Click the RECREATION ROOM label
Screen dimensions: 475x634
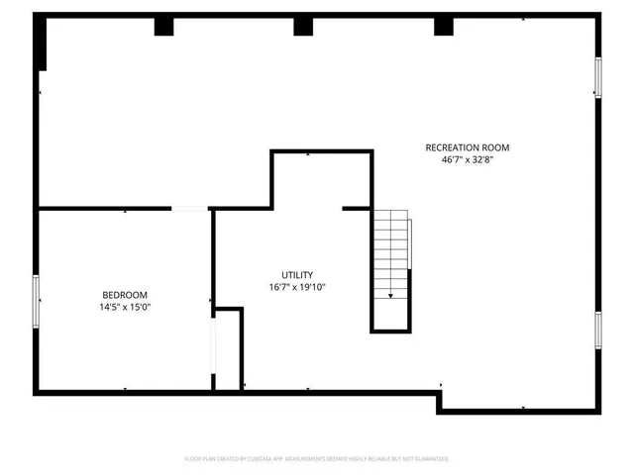(x=468, y=147)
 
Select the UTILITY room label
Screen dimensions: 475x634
(x=297, y=275)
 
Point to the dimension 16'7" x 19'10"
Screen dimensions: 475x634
(x=297, y=287)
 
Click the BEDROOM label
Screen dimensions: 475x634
(x=125, y=295)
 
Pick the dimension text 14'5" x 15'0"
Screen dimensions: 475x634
(x=125, y=307)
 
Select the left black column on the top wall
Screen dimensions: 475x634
(x=162, y=27)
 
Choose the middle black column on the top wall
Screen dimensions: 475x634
(x=302, y=27)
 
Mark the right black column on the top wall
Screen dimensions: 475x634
(x=443, y=27)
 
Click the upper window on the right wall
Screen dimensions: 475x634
(x=598, y=77)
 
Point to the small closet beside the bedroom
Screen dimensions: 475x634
(x=229, y=351)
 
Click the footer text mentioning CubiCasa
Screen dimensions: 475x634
(x=317, y=459)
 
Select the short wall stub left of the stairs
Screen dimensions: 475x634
(x=356, y=209)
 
